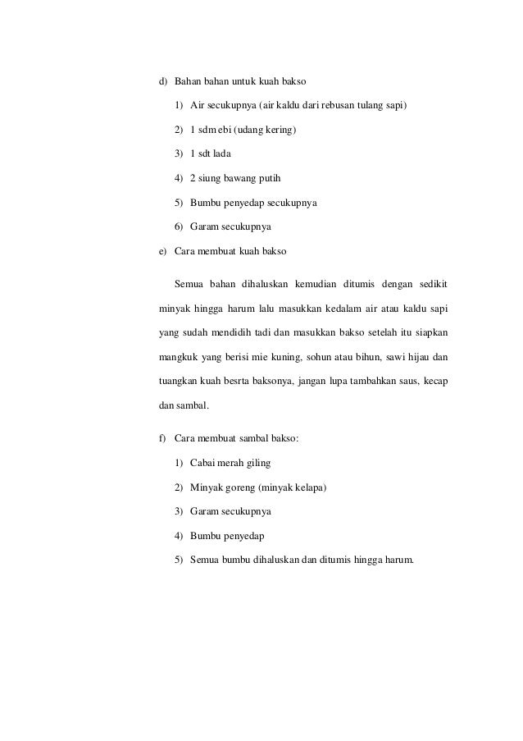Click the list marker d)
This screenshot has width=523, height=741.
point(162,82)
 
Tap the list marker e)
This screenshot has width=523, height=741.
point(162,249)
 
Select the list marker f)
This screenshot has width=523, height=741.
point(162,439)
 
